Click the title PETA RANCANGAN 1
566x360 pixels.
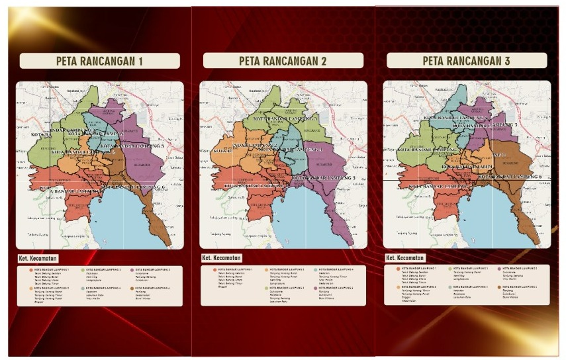pyautogui.click(x=99, y=62)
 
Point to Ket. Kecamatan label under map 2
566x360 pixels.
pyautogui.click(x=222, y=257)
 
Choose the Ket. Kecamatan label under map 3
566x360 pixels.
pyautogui.click(x=405, y=257)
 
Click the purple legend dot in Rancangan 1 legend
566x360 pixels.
pyautogui.click(x=132, y=270)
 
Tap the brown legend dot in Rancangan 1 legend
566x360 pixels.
pyautogui.click(x=132, y=289)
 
